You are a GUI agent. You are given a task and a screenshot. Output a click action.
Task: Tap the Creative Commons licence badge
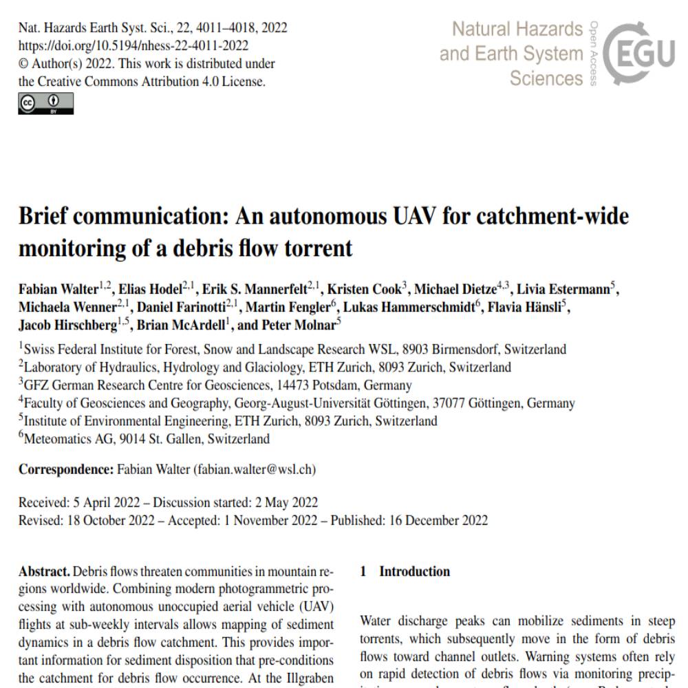tap(45, 103)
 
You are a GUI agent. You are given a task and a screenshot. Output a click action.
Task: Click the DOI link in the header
tap(133, 45)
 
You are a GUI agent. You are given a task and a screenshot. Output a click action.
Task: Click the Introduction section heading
tap(414, 572)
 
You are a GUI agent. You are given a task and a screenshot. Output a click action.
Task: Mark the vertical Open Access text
tap(594, 54)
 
